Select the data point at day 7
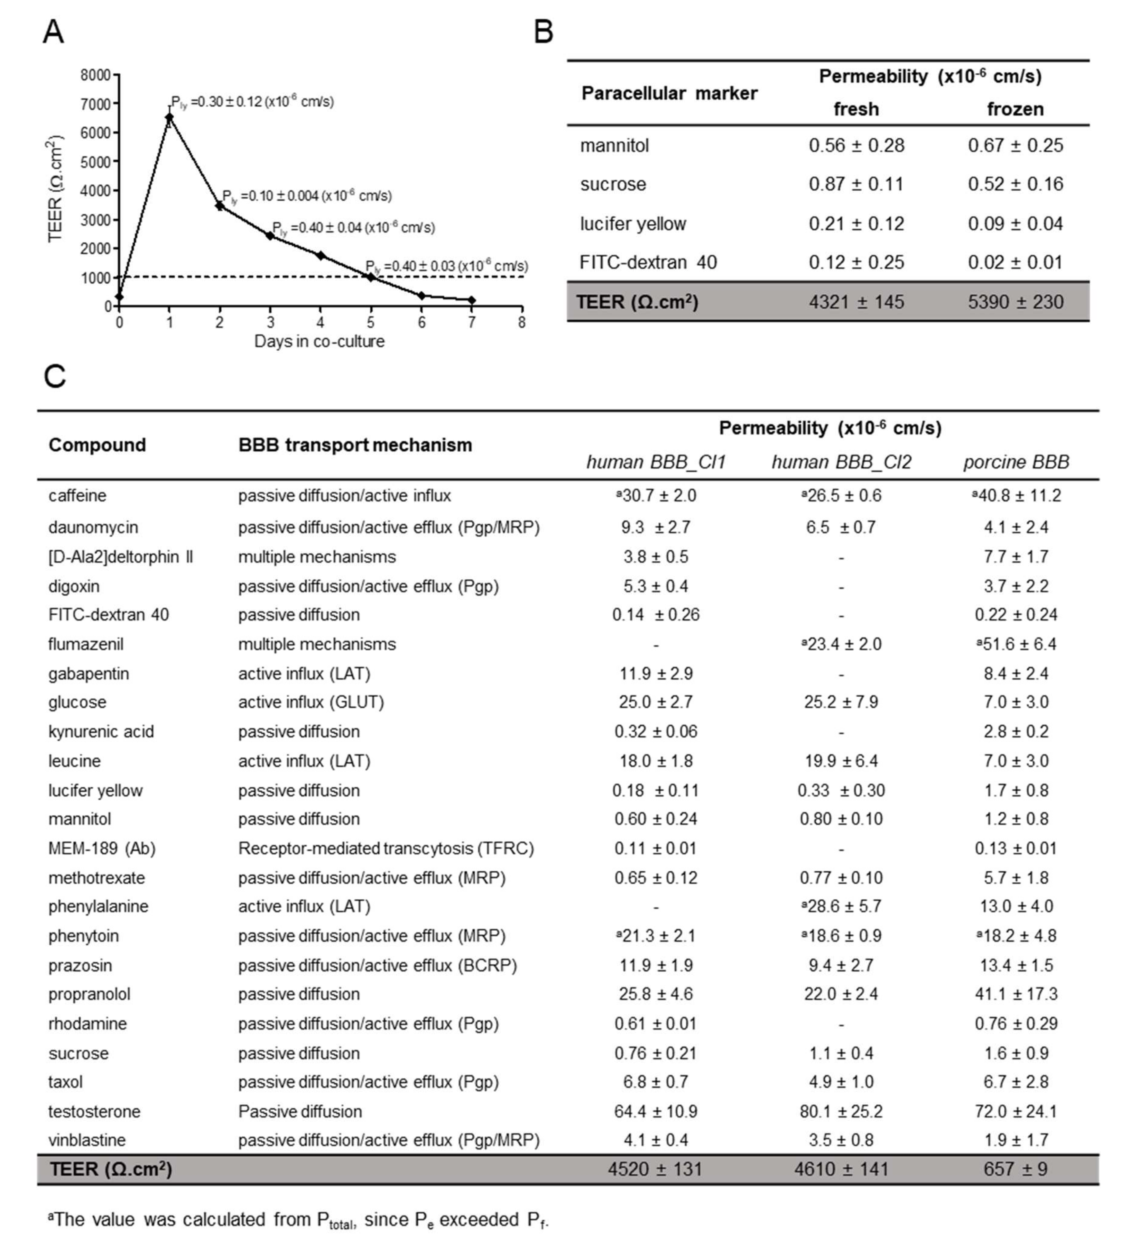point(472,300)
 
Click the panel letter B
point(543,32)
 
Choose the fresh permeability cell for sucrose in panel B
point(856,184)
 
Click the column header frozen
point(1015,109)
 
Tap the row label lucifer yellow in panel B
point(633,224)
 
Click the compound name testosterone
point(94,1111)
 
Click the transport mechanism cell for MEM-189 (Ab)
point(385,849)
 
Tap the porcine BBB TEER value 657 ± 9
point(1015,1169)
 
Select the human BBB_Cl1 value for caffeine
point(656,496)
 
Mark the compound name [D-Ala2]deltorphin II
point(121,556)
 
